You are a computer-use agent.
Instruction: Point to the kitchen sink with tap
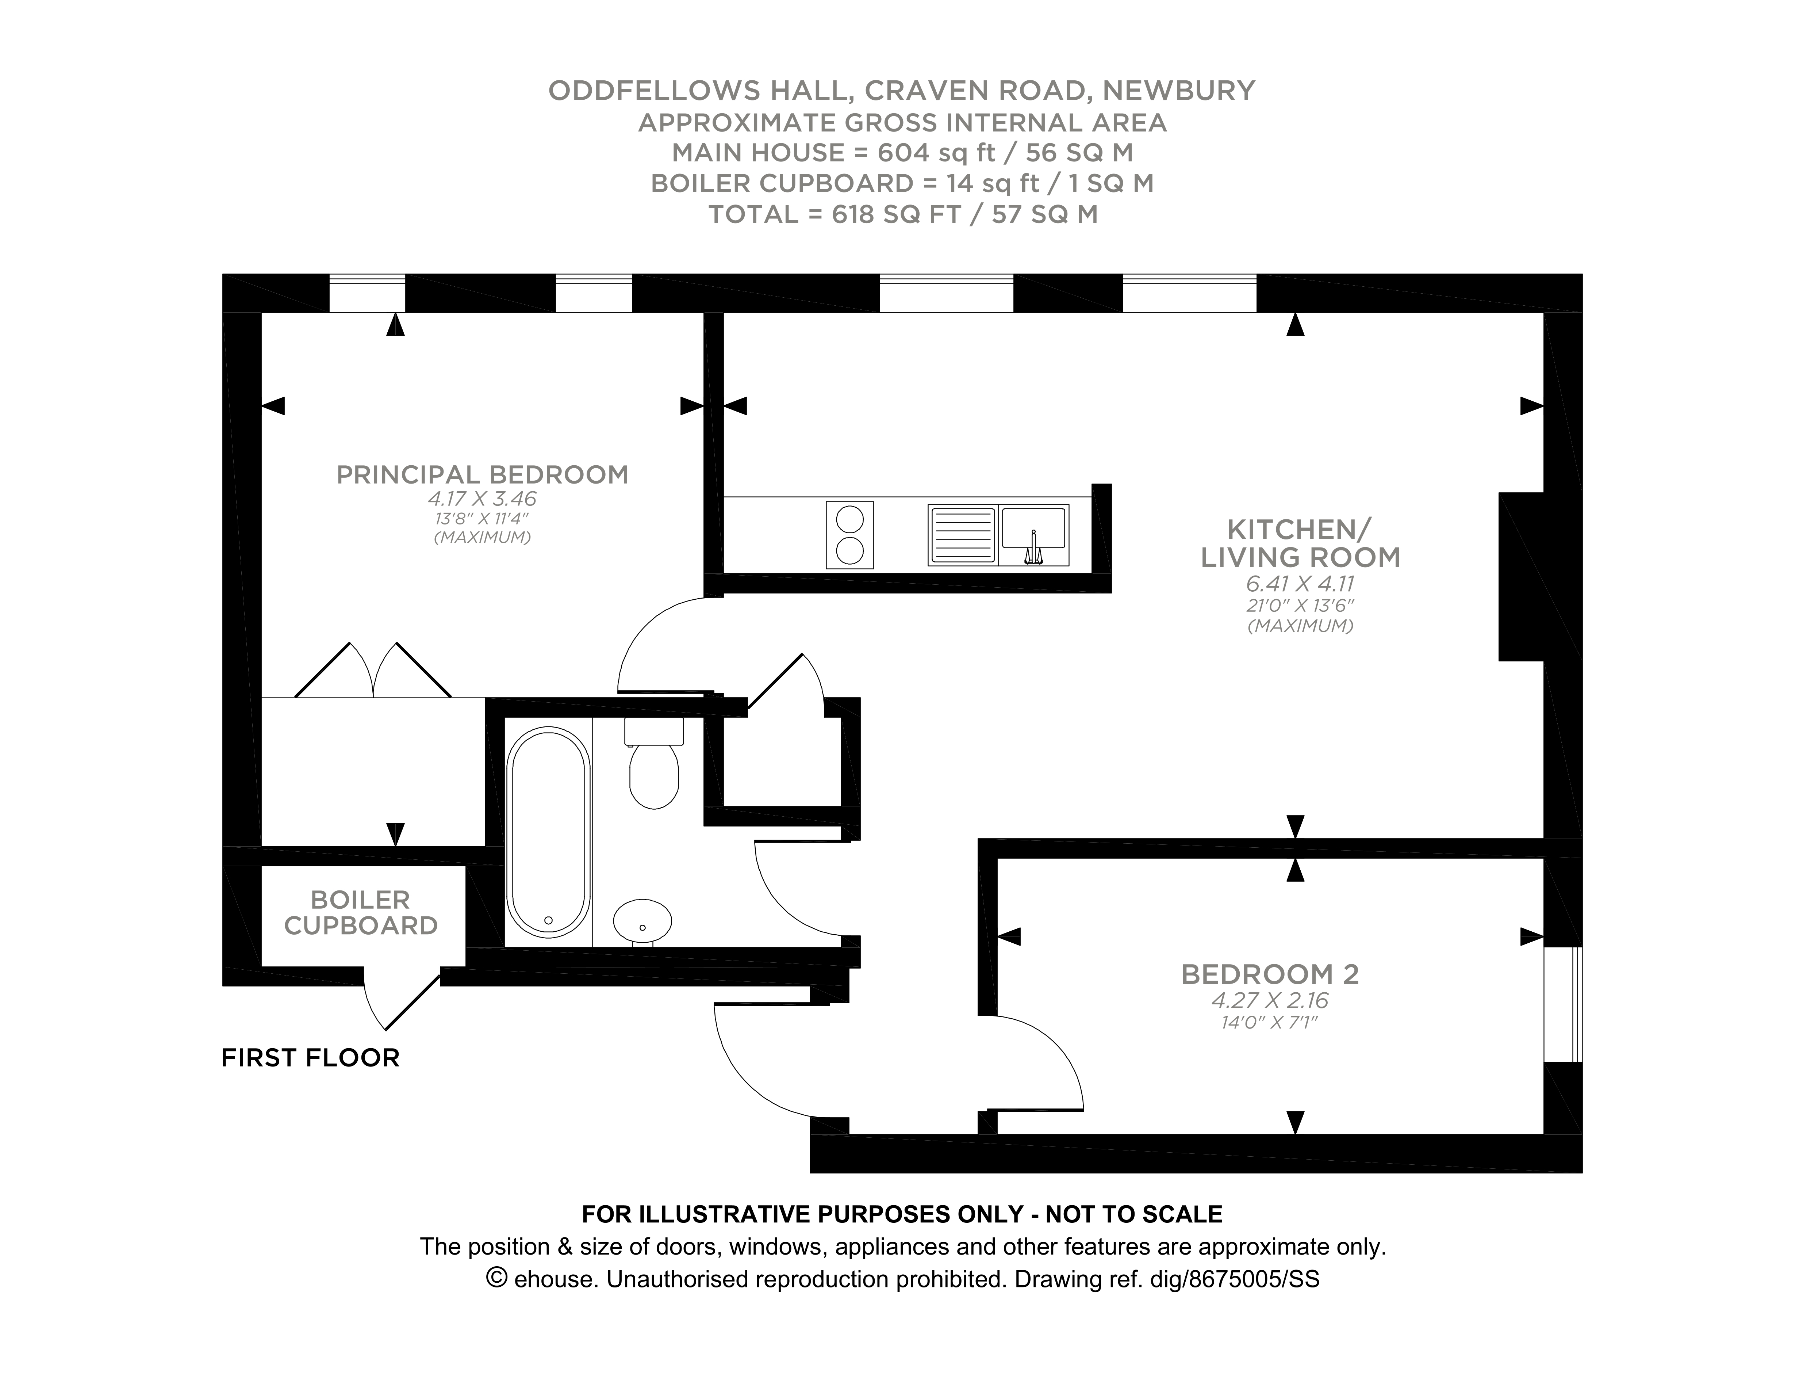tap(1033, 535)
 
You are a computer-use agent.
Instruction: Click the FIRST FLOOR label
tap(310, 1058)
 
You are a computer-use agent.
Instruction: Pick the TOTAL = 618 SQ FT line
tap(903, 214)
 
